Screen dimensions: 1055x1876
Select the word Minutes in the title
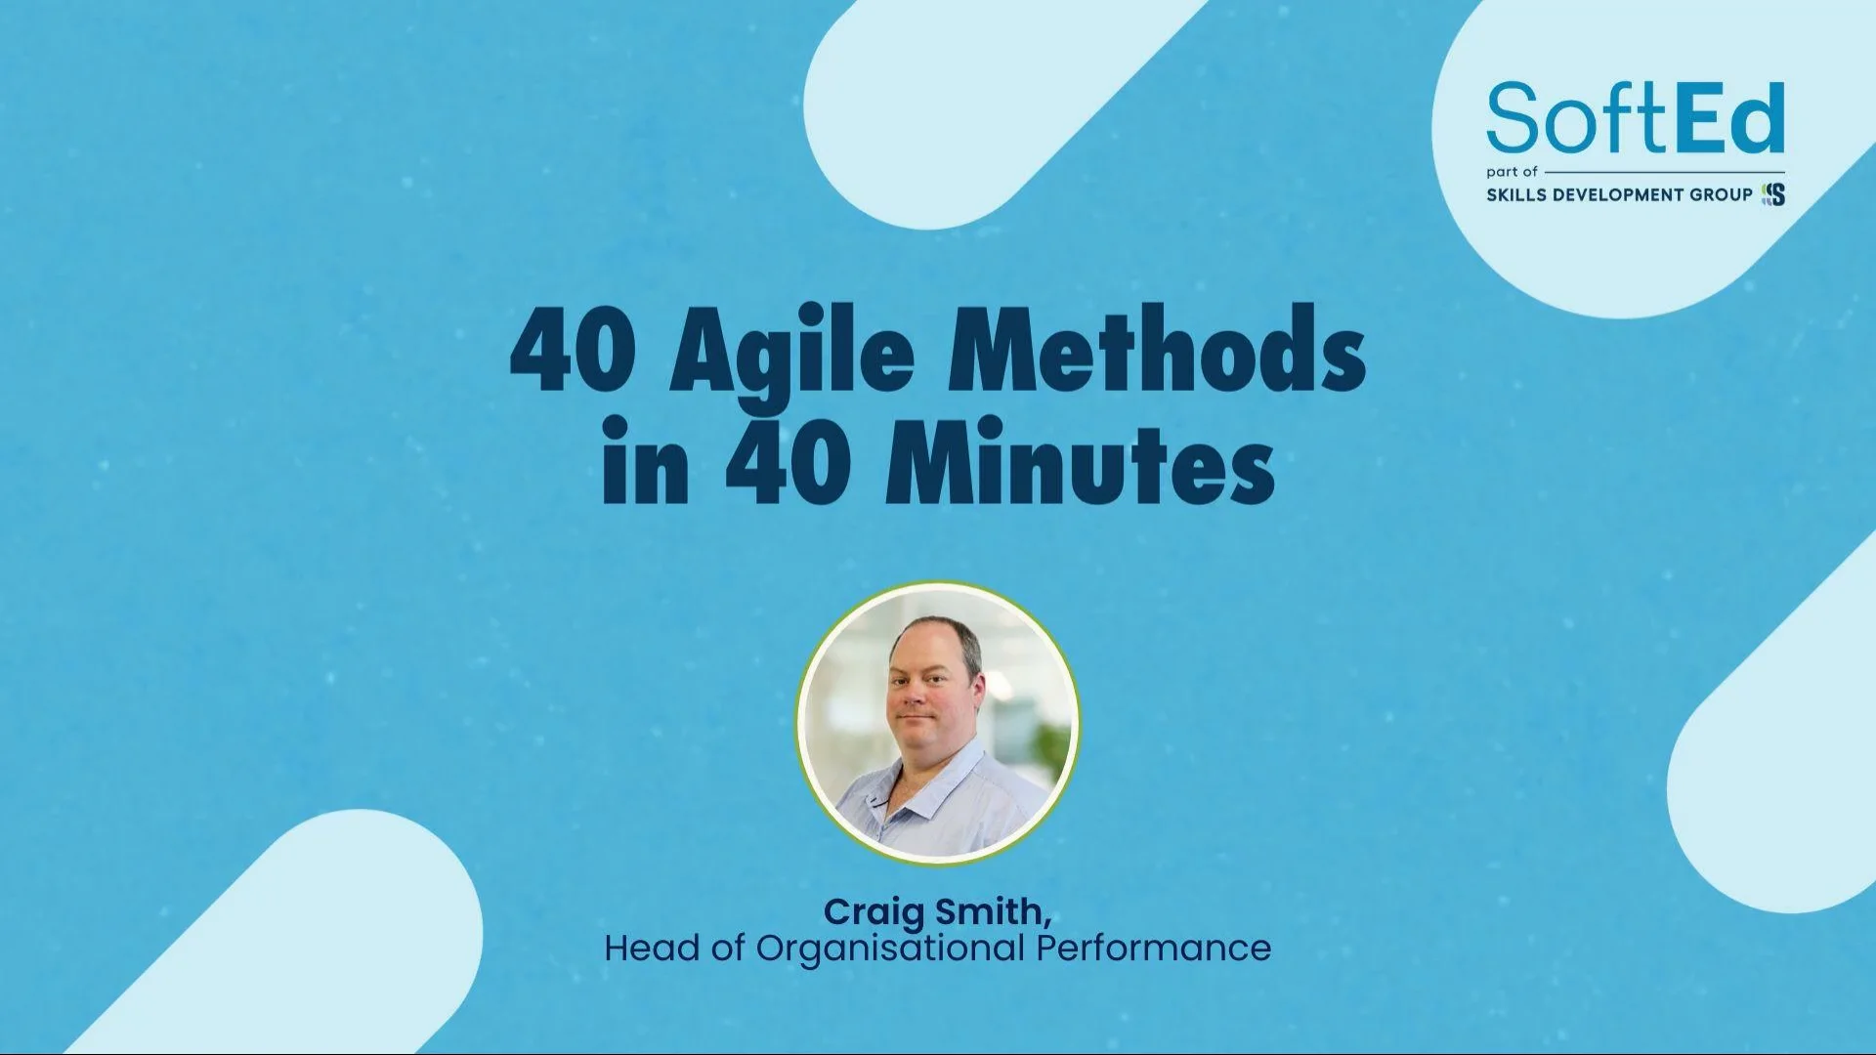(1079, 461)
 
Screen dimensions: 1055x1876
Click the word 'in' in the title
(645, 461)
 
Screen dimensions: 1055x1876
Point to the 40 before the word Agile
(573, 352)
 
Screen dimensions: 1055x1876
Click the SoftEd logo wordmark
(1635, 118)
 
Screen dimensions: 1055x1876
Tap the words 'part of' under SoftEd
(1512, 172)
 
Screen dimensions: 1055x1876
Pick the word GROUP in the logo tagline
(1721, 194)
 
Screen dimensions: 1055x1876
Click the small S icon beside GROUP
(1773, 194)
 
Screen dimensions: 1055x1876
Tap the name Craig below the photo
(874, 912)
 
